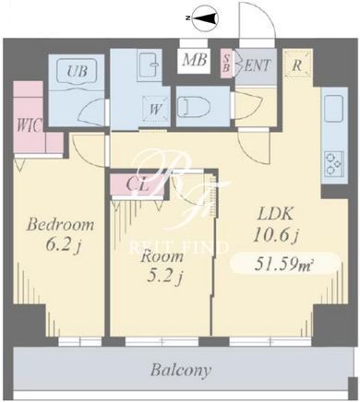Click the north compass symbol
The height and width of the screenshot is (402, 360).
(x=205, y=18)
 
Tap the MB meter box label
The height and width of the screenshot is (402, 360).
(x=194, y=60)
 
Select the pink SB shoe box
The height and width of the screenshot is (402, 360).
(x=227, y=64)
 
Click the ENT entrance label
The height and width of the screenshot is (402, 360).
(x=257, y=65)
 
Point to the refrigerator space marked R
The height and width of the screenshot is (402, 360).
(x=297, y=65)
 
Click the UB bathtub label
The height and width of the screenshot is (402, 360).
(x=78, y=72)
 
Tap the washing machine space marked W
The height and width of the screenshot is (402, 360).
(x=156, y=109)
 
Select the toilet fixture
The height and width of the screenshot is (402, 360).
(x=194, y=106)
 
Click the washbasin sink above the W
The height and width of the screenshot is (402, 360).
(x=150, y=66)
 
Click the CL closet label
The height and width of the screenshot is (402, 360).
(x=138, y=185)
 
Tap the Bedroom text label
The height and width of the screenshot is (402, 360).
(x=60, y=225)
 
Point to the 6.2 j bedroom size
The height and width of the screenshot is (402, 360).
(x=63, y=245)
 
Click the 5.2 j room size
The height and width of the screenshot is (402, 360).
(x=165, y=278)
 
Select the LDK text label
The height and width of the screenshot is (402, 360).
(x=275, y=214)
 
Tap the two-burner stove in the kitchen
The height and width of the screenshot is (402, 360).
(x=334, y=163)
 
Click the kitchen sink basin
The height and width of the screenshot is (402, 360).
(x=334, y=108)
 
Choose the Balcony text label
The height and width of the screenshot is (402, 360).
(x=181, y=370)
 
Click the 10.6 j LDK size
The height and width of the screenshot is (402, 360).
(x=276, y=235)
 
